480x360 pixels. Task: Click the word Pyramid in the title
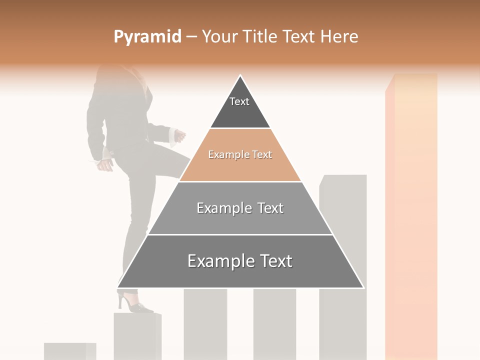pos(147,37)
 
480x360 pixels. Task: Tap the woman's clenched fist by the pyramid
pos(179,136)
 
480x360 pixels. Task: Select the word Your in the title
pos(220,36)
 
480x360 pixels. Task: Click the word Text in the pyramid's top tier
pos(239,101)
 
